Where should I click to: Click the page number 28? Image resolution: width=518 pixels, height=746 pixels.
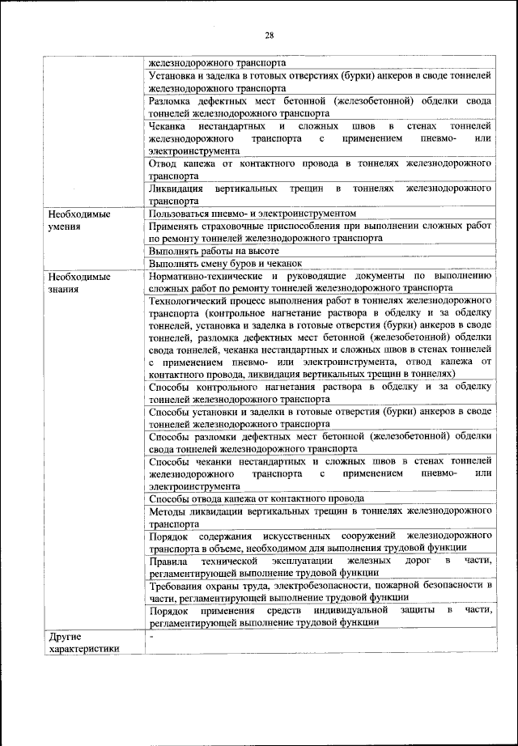269,34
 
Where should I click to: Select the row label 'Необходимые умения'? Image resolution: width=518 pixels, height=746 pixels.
78,220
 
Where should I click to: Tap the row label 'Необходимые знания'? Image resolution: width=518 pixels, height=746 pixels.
78,282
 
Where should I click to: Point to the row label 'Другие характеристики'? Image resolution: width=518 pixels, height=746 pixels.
83,642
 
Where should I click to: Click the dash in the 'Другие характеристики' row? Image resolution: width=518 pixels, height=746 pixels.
151,638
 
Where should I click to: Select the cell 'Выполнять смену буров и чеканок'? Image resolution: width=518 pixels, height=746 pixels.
225,263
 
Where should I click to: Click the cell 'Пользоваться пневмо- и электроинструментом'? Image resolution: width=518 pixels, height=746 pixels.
253,213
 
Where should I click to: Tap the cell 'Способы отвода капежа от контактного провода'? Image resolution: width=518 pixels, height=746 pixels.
257,498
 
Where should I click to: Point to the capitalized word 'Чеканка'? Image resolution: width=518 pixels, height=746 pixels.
168,126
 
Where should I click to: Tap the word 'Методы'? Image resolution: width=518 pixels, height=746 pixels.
168,511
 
